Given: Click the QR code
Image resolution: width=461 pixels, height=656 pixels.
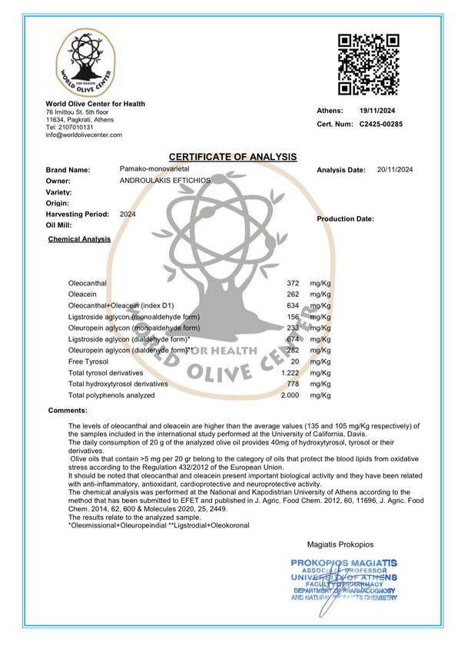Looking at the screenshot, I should pyautogui.click(x=369, y=64).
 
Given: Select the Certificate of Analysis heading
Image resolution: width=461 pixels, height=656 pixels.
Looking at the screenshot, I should pyautogui.click(x=232, y=157).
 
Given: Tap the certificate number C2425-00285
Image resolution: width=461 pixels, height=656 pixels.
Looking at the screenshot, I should pyautogui.click(x=381, y=124).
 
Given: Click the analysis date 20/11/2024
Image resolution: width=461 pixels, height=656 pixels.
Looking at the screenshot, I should pyautogui.click(x=395, y=169).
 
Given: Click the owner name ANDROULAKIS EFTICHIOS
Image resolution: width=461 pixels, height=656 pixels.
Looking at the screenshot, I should pyautogui.click(x=165, y=179).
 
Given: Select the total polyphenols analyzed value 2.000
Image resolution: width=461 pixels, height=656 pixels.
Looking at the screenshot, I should pyautogui.click(x=289, y=395).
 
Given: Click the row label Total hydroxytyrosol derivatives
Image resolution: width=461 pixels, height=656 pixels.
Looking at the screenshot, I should pyautogui.click(x=118, y=384).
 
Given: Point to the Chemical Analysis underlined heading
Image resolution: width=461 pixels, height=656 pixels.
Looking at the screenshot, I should pyautogui.click(x=79, y=239).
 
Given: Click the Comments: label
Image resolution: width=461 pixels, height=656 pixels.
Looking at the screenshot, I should pyautogui.click(x=68, y=411).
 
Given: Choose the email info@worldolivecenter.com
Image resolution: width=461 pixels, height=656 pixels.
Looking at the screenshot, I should pyautogui.click(x=84, y=135).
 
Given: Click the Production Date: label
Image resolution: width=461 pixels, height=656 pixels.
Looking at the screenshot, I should pyautogui.click(x=345, y=219).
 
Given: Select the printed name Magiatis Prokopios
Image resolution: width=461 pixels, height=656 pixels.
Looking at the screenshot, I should pyautogui.click(x=339, y=543).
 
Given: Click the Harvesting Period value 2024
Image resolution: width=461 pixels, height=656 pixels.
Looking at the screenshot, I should pyautogui.click(x=128, y=214).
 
